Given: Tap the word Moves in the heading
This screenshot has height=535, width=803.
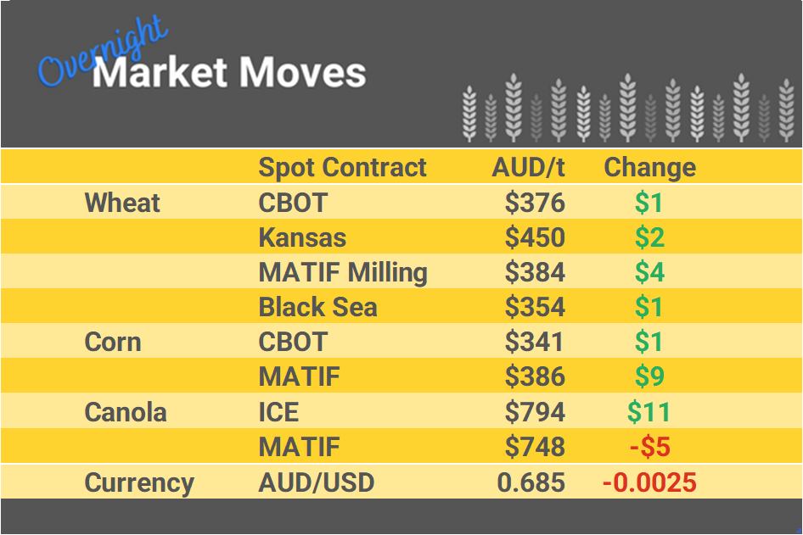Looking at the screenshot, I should pyautogui.click(x=302, y=73).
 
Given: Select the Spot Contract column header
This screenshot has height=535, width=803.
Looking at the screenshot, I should pyautogui.click(x=342, y=167).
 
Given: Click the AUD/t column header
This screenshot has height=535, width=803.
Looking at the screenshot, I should pyautogui.click(x=528, y=167).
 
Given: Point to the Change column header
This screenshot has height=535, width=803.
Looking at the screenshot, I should pyautogui.click(x=649, y=167).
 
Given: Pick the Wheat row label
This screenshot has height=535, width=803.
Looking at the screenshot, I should pyautogui.click(x=122, y=203).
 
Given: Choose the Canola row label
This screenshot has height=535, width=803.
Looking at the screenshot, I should pyautogui.click(x=126, y=412).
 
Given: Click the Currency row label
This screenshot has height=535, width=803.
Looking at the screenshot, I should pyautogui.click(x=139, y=482).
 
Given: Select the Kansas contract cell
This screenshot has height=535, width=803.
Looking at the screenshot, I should pyautogui.click(x=302, y=237).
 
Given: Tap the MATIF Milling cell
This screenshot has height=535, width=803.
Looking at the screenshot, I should pyautogui.click(x=343, y=272).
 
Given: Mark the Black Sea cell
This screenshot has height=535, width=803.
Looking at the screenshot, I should pyautogui.click(x=317, y=307).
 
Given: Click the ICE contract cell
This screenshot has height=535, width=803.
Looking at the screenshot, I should pyautogui.click(x=278, y=412).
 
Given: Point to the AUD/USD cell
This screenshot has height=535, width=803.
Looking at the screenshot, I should pyautogui.click(x=316, y=482).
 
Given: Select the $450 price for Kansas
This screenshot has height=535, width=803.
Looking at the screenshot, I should pyautogui.click(x=535, y=237).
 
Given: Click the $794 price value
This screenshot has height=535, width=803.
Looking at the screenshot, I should pyautogui.click(x=535, y=412).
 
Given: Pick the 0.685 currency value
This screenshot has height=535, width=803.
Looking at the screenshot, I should pyautogui.click(x=531, y=482).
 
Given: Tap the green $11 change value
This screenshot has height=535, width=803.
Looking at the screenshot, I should pyautogui.click(x=649, y=412).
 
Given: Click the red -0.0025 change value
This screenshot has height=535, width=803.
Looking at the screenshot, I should pyautogui.click(x=649, y=482).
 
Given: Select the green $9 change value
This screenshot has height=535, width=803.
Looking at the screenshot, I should pyautogui.click(x=649, y=376).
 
